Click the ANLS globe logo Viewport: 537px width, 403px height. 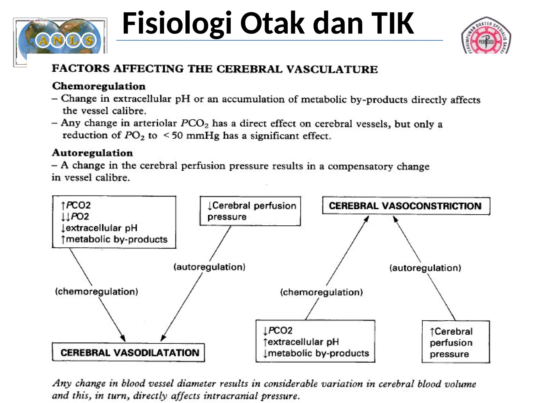(60, 39)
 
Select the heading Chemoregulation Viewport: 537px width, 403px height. (99, 86)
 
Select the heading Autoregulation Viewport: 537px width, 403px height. (92, 153)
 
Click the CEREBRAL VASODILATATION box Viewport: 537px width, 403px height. (128, 352)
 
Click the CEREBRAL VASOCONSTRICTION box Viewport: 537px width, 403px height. (406, 206)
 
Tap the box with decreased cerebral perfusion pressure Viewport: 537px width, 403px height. (250, 211)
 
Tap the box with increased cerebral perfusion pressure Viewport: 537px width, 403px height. (455, 342)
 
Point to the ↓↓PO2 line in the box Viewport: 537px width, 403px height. (75, 216)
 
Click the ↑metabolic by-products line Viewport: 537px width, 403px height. (114, 239)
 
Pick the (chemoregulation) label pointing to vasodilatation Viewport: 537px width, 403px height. (96, 291)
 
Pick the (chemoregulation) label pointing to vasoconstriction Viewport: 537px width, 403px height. (321, 292)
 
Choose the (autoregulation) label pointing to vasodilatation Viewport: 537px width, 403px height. (209, 267)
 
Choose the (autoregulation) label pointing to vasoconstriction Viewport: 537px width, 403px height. (425, 268)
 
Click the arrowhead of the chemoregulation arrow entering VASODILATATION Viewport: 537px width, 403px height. (123, 338)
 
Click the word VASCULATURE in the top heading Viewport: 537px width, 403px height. (332, 69)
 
